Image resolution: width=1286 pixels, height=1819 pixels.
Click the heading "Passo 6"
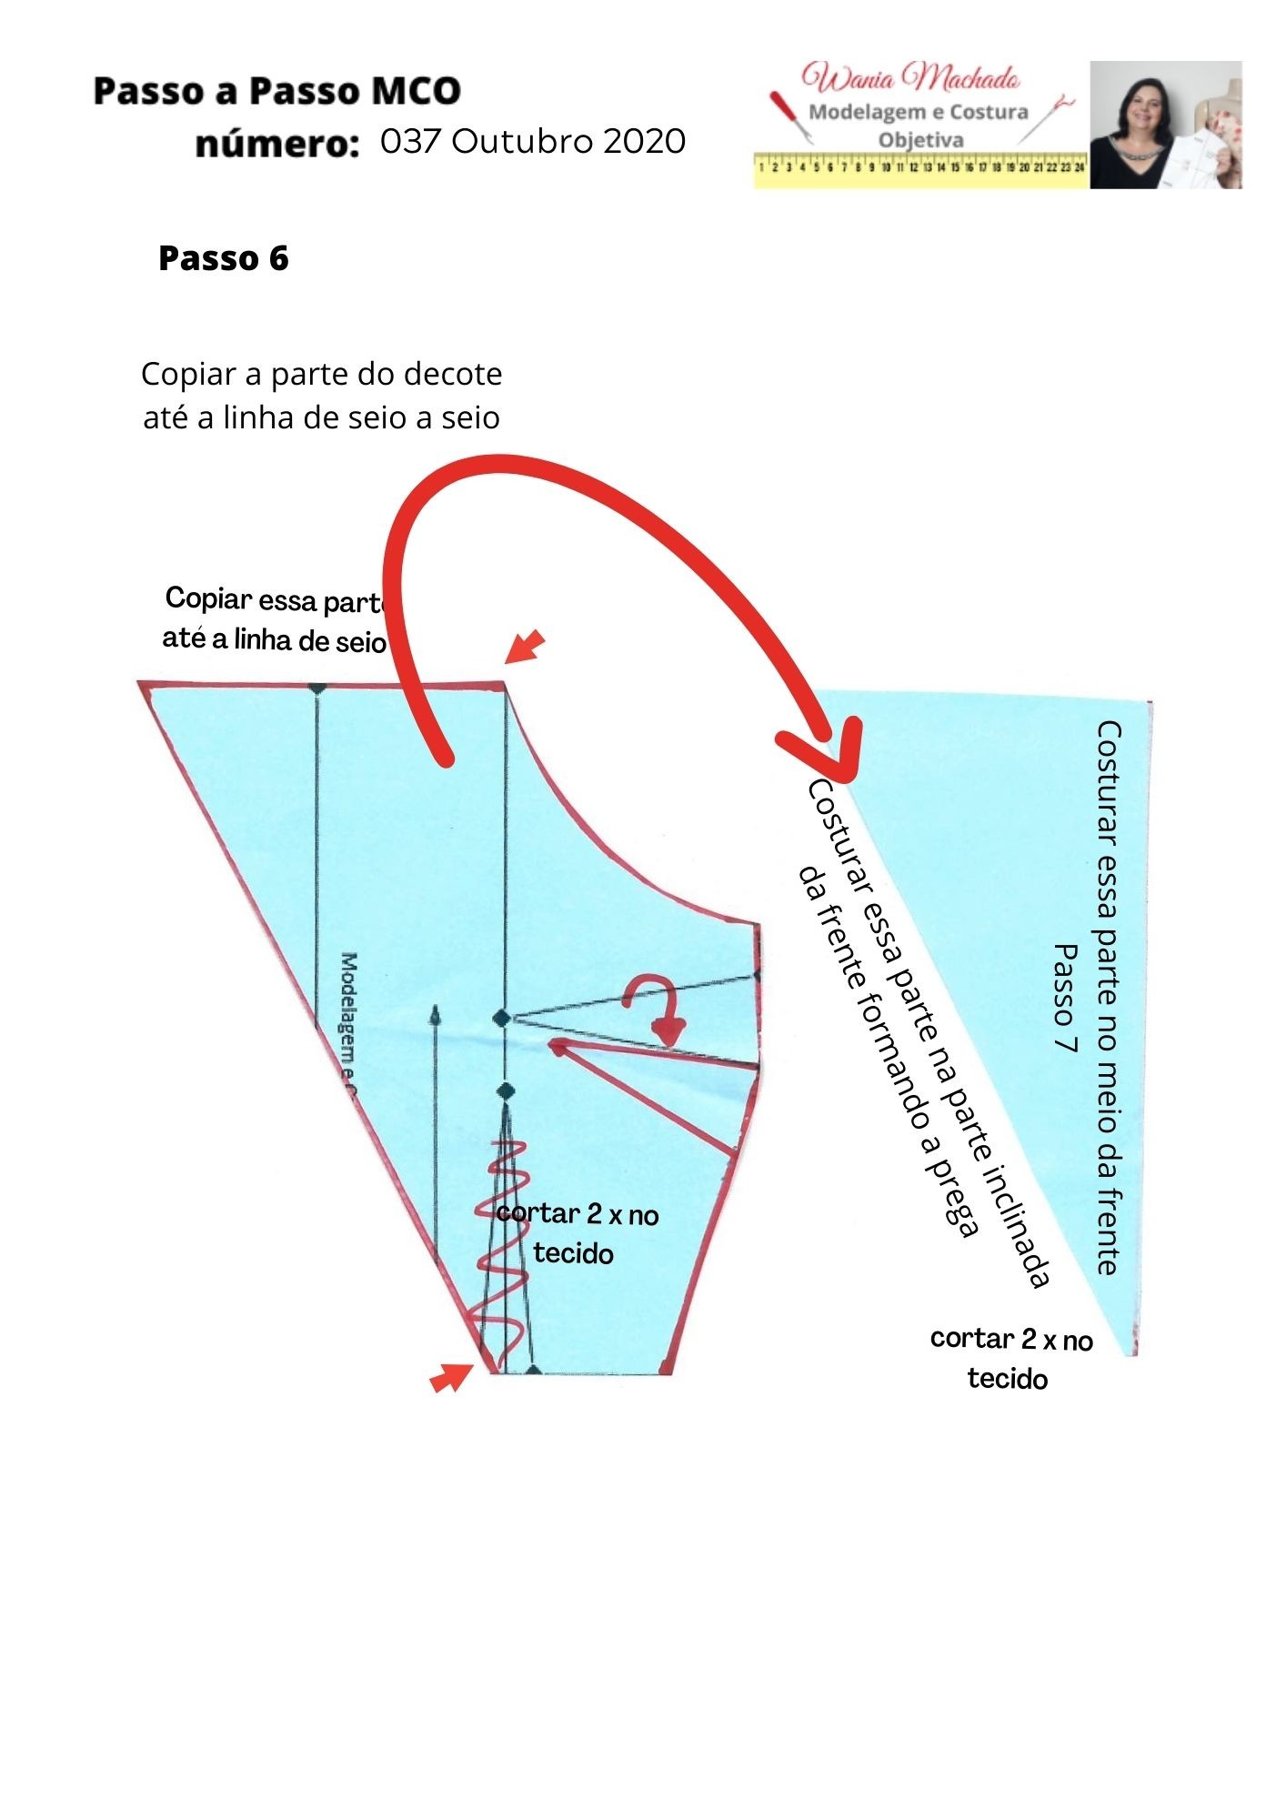223,258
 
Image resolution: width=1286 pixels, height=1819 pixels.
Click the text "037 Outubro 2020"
533,141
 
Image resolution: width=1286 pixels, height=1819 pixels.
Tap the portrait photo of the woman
1165,125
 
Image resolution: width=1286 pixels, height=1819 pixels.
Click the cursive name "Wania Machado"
910,78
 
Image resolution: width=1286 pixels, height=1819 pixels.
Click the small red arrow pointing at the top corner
525,647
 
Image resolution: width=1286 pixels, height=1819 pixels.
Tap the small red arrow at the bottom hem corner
450,1378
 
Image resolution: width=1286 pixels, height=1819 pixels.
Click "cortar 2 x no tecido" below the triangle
1010,1358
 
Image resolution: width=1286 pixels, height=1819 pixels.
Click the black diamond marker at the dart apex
502,1018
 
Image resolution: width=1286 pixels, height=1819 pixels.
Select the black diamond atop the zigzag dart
506,1090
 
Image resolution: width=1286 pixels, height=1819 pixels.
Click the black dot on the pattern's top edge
316,689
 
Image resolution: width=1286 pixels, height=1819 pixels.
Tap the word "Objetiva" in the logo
920,140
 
